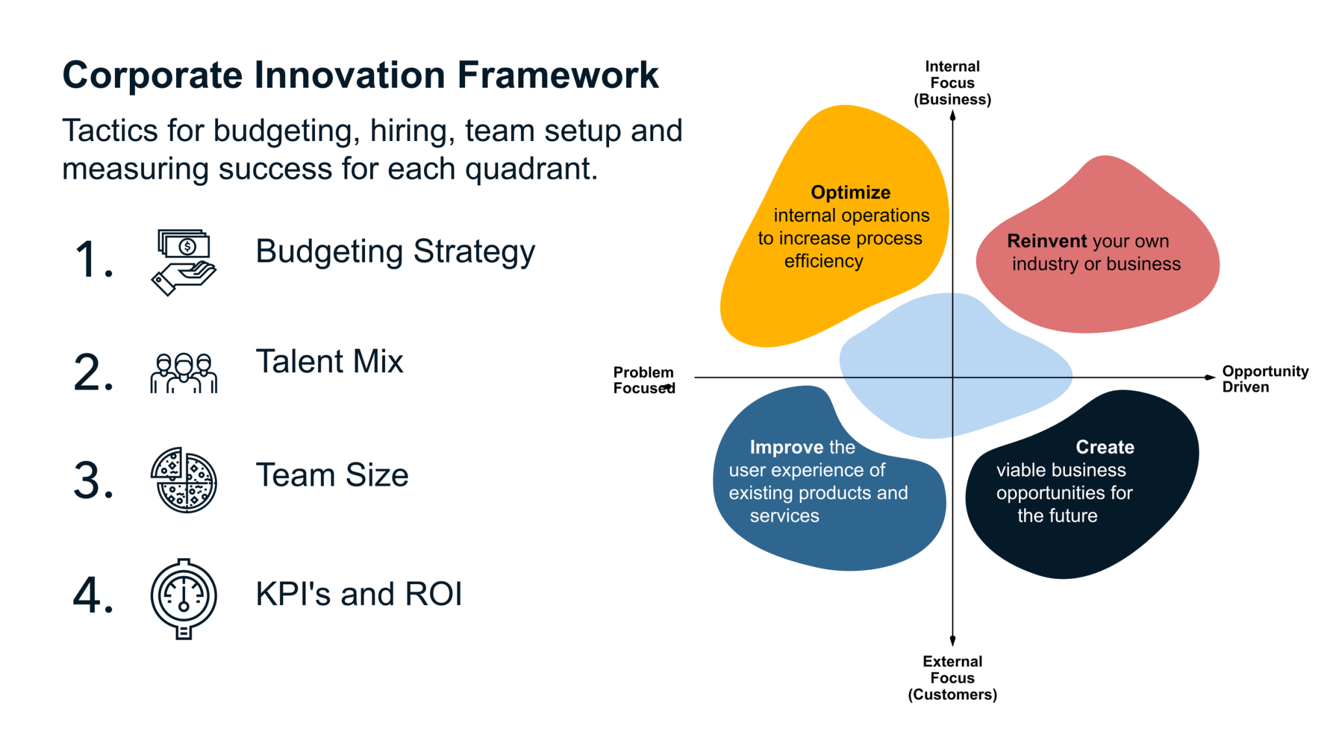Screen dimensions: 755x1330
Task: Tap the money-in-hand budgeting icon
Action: (x=184, y=262)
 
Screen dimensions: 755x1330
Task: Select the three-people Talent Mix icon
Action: (x=184, y=373)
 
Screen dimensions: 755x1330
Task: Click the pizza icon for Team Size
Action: (x=184, y=480)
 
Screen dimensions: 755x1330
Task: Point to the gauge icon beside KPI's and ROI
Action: (x=184, y=598)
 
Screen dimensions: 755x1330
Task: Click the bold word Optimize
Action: (x=850, y=192)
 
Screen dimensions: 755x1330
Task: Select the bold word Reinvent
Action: (x=1046, y=241)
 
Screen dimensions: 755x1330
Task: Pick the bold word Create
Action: (x=1105, y=447)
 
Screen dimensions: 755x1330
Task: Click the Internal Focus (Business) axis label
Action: (x=952, y=83)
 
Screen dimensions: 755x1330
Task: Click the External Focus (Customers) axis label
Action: (x=952, y=678)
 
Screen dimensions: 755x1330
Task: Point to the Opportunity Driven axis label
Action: (x=1264, y=379)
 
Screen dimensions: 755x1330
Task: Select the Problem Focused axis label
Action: (x=643, y=380)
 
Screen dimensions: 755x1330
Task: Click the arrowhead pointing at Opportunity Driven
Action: (x=1209, y=377)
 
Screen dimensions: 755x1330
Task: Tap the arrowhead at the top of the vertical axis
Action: (x=953, y=116)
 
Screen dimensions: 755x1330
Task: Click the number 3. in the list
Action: (x=94, y=481)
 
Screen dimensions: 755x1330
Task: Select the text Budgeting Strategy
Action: (x=395, y=251)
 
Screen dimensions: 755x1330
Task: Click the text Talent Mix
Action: (x=329, y=361)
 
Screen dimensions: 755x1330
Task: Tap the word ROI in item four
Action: (x=433, y=594)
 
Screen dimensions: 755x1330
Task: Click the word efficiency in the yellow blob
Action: (x=823, y=261)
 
